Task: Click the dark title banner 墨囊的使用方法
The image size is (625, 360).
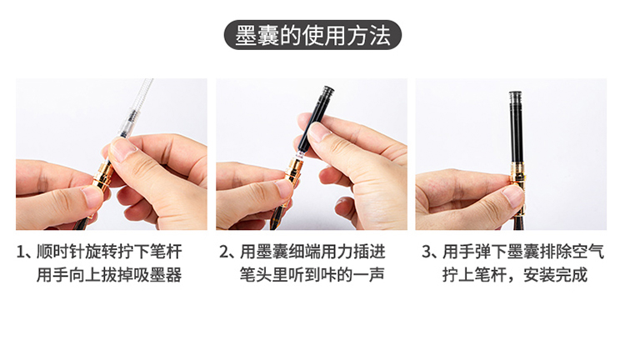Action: pos(312,35)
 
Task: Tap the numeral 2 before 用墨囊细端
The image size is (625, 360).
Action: pos(224,252)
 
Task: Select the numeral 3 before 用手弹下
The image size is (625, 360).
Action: pos(427,252)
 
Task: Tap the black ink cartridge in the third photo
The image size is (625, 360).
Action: pos(516,127)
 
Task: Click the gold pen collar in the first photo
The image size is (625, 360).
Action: pos(102,175)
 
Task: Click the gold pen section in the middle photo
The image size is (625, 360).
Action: pos(293,171)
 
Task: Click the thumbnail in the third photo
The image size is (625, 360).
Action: pos(513,196)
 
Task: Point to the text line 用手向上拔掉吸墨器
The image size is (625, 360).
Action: pos(109,275)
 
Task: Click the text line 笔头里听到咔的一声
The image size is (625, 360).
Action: pos(312,275)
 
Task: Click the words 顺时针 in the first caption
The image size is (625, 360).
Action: pos(61,252)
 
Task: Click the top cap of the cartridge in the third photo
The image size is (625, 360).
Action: pos(516,96)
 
